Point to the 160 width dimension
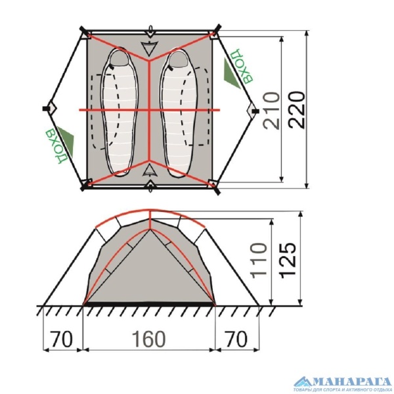148,340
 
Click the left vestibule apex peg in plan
45,108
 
